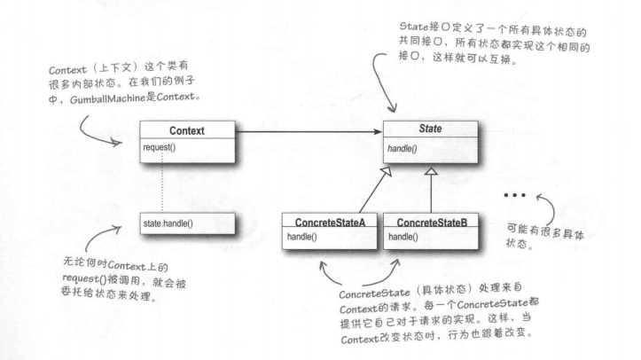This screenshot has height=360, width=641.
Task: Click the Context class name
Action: coord(186,129)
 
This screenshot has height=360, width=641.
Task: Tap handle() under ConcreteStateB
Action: coord(404,237)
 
